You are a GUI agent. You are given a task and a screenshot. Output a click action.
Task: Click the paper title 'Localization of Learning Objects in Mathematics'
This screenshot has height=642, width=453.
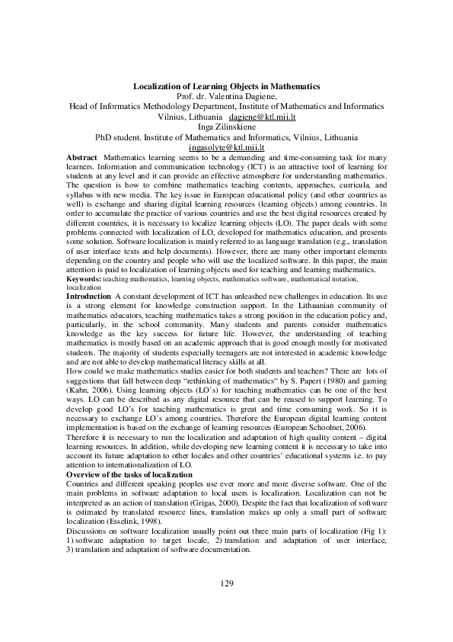[226, 88]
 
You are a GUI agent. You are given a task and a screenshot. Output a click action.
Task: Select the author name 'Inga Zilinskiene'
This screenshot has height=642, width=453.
[226, 127]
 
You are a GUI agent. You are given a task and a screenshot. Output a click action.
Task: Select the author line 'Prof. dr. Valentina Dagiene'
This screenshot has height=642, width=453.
[226, 98]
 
